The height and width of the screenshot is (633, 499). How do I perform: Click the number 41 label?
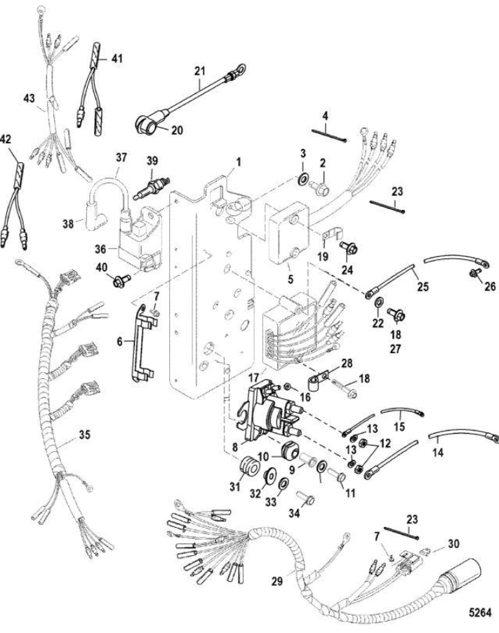pos(116,58)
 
